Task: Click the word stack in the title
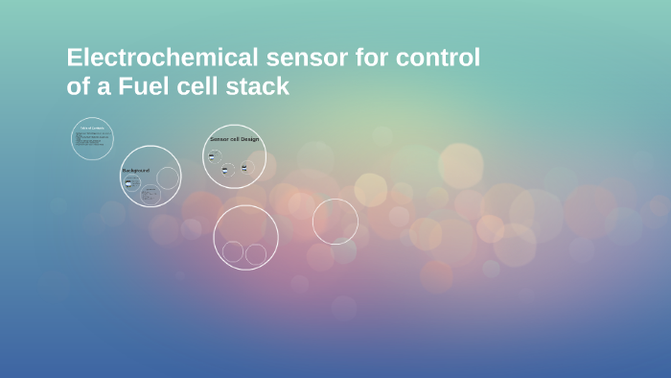click(x=258, y=87)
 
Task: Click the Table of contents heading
click(x=92, y=128)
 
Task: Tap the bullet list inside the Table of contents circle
click(x=92, y=141)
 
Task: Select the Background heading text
click(x=135, y=170)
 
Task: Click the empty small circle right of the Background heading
click(x=168, y=177)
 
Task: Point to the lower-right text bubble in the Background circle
click(x=150, y=194)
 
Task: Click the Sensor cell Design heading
click(x=234, y=139)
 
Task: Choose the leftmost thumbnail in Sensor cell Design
click(x=213, y=156)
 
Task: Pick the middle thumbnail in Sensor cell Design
click(x=225, y=170)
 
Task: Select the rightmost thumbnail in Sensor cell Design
click(x=244, y=168)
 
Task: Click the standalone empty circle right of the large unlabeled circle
click(x=335, y=222)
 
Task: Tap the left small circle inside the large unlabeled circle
click(x=233, y=251)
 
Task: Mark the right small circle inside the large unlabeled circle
click(x=256, y=254)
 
